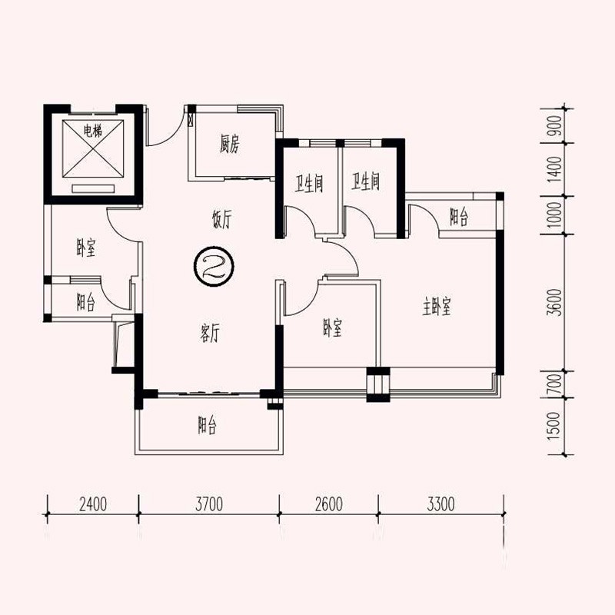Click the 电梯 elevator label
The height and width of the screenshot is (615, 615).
click(x=93, y=131)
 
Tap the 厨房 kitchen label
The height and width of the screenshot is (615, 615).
click(x=229, y=144)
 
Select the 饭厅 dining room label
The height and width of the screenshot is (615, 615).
click(x=222, y=219)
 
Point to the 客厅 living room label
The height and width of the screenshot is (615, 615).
click(x=210, y=334)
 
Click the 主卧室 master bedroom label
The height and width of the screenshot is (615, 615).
click(x=437, y=307)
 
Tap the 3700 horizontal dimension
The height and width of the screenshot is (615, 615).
click(x=209, y=504)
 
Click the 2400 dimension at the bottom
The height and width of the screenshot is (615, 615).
click(x=93, y=504)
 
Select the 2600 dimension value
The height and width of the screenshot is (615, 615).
click(x=329, y=504)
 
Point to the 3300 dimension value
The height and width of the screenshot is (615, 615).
click(x=440, y=504)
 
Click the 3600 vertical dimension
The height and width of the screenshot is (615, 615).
click(x=556, y=302)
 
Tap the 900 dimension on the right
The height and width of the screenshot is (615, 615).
click(x=555, y=126)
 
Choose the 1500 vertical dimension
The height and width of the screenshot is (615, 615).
click(x=555, y=426)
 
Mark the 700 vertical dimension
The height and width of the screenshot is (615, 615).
click(x=555, y=384)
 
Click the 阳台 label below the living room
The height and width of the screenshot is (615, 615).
click(x=207, y=425)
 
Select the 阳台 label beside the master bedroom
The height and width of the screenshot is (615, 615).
click(x=459, y=217)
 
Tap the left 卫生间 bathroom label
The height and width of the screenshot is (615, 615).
click(x=309, y=183)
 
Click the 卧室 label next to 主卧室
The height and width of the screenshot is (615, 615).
click(x=333, y=328)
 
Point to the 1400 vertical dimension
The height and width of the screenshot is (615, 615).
click(x=555, y=169)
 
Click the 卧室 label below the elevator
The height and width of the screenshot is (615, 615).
click(x=86, y=248)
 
